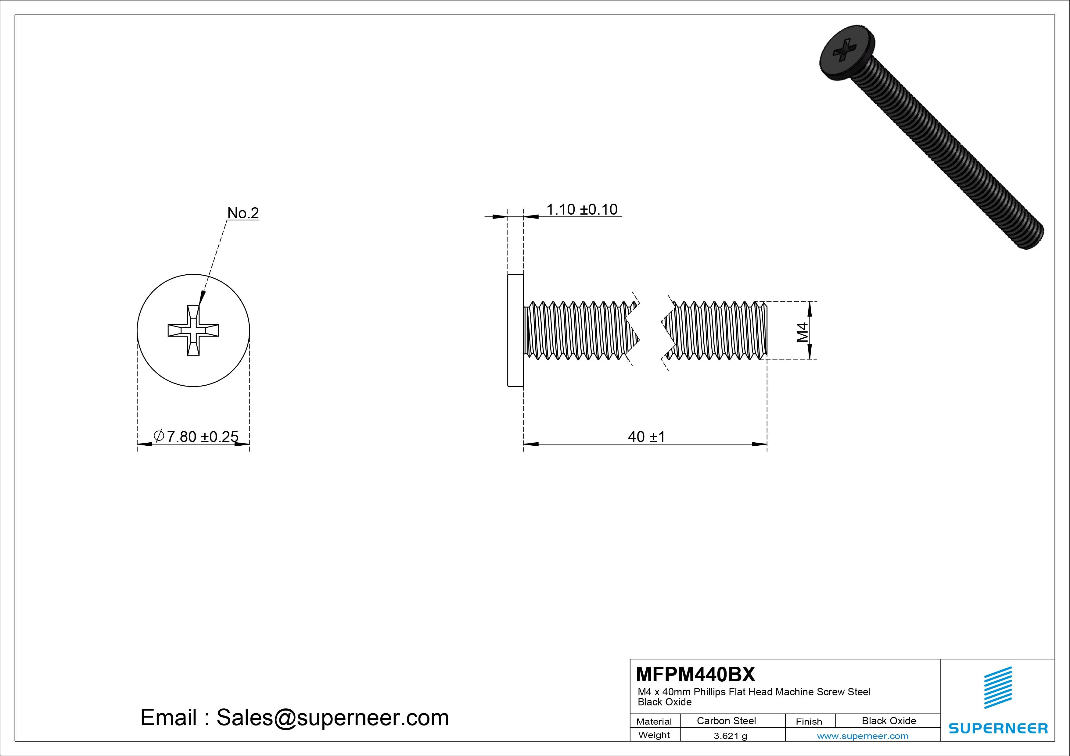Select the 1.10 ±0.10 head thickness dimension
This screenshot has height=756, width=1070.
(x=582, y=210)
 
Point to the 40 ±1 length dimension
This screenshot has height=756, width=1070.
(x=646, y=437)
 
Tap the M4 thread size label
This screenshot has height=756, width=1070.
(x=802, y=332)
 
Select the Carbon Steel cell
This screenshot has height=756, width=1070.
(x=726, y=721)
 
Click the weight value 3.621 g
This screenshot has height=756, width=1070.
(x=730, y=736)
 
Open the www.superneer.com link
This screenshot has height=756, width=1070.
(x=863, y=736)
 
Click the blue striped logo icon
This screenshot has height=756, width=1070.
(x=998, y=687)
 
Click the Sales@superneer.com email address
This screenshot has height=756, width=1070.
(x=332, y=717)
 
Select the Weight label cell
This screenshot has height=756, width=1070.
(x=654, y=735)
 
